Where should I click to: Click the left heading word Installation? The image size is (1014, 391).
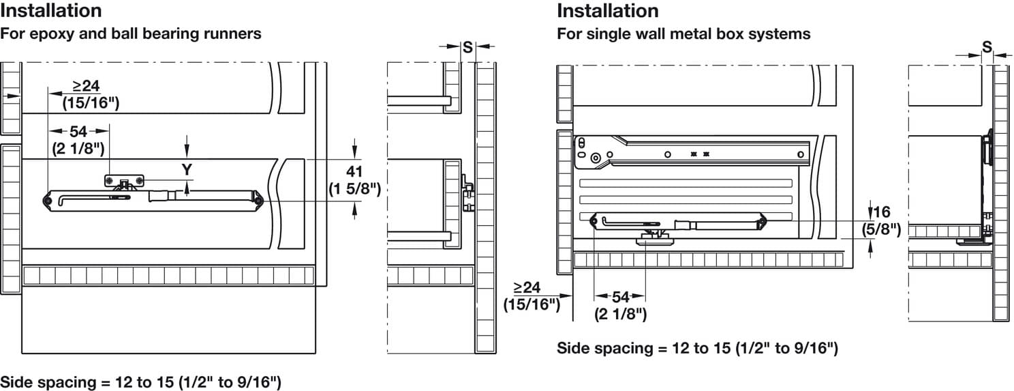(x=51, y=11)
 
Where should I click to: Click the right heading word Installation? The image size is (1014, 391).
(x=608, y=11)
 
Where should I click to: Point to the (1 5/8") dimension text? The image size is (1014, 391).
(x=354, y=188)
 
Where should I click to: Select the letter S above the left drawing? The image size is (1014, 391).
(x=467, y=47)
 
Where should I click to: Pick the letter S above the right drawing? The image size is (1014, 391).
(x=987, y=47)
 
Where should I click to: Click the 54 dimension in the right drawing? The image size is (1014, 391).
(x=620, y=297)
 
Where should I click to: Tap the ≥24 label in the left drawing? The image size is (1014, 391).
(x=87, y=86)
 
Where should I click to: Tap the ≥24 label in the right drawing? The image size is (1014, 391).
(x=527, y=287)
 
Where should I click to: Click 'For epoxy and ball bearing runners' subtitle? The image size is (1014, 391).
(x=130, y=33)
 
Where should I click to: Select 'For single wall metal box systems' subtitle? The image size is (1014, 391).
(x=683, y=33)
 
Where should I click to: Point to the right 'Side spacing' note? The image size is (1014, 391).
(x=697, y=348)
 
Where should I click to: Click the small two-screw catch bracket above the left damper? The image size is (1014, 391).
(x=125, y=180)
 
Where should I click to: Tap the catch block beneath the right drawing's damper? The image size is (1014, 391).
(x=653, y=237)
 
